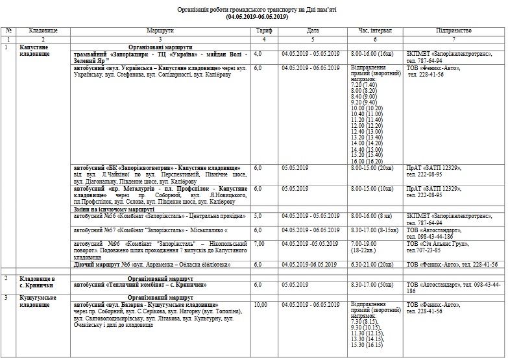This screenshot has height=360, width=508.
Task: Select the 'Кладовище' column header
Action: pyautogui.click(x=43, y=30)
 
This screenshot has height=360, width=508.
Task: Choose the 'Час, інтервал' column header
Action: pyautogui.click(x=374, y=30)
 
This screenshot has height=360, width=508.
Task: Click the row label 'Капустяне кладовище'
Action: pyautogui.click(x=38, y=51)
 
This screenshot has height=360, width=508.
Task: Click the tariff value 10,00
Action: pyautogui.click(x=261, y=304)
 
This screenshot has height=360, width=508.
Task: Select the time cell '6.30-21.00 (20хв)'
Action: pyautogui.click(x=372, y=264)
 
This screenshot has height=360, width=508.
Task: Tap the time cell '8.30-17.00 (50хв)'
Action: pyautogui.click(x=372, y=285)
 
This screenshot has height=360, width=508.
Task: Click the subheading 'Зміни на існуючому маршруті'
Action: pyautogui.click(x=114, y=210)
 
